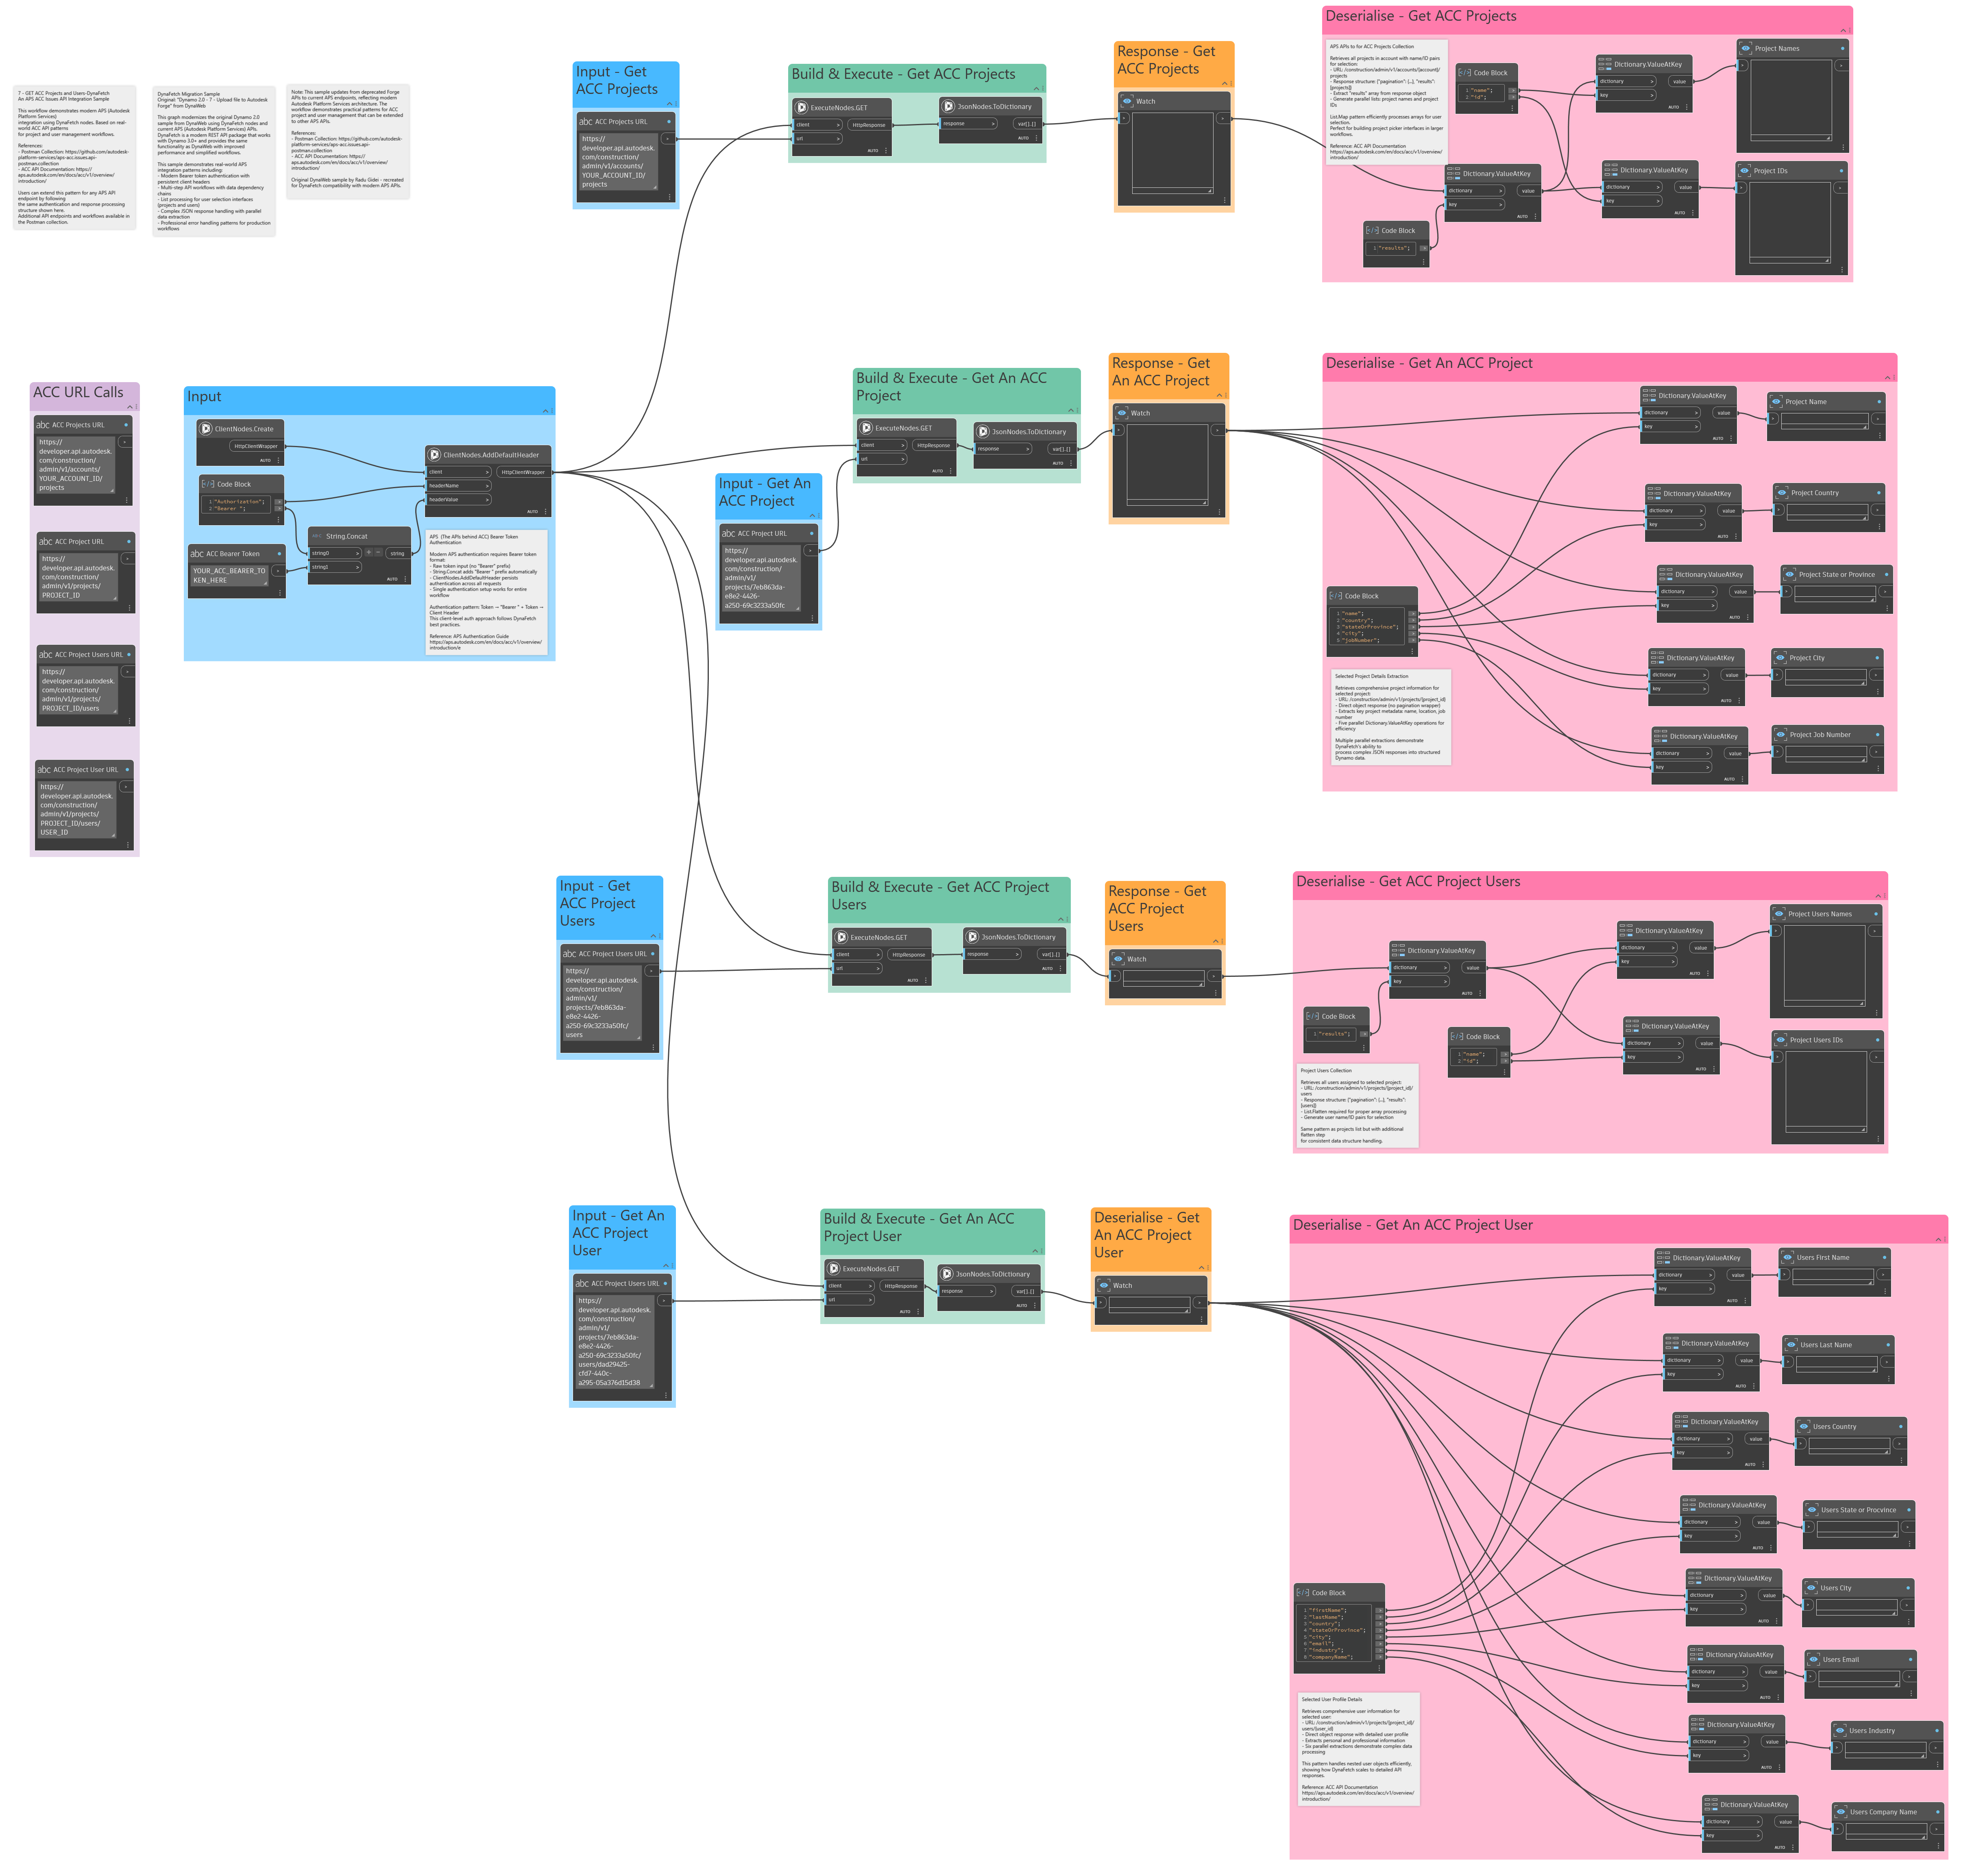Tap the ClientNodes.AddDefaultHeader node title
coord(491,455)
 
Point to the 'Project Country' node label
coord(1814,493)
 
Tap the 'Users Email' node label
coord(1840,1659)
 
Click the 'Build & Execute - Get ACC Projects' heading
coord(903,74)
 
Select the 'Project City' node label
coord(1806,658)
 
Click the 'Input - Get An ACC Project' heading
coord(765,491)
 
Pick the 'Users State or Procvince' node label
coord(1857,1510)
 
